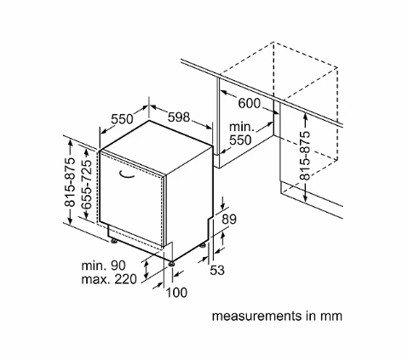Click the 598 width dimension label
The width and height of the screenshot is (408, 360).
[x=179, y=117]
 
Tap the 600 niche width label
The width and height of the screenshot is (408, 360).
[x=249, y=103]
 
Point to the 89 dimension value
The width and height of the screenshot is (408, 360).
[x=229, y=219]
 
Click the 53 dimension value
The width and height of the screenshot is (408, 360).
[x=217, y=270]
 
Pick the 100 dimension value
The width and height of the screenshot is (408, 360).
[x=176, y=293]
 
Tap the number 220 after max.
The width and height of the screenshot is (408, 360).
[x=125, y=279]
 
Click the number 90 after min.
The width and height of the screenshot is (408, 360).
[x=118, y=266]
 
